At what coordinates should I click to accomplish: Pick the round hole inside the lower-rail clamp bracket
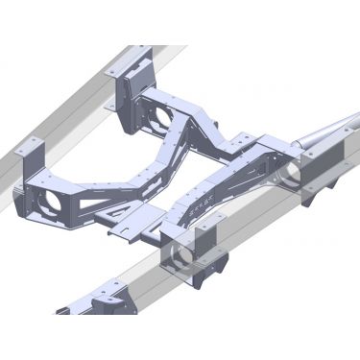pos(179,257)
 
